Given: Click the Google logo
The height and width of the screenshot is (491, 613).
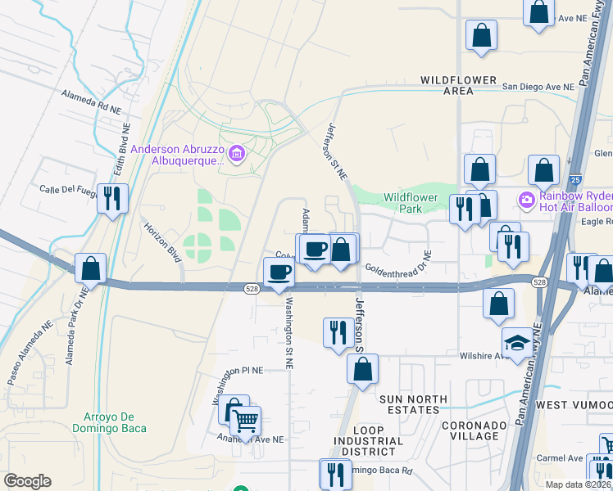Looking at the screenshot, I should click(x=28, y=481).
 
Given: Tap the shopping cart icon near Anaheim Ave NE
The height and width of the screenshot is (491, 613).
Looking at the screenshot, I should click(x=245, y=421).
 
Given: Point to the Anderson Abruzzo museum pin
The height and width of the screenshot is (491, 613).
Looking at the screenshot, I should click(x=237, y=154).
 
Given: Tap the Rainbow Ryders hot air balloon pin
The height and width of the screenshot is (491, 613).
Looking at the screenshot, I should click(x=525, y=199).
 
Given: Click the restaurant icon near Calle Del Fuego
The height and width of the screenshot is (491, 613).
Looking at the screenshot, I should click(x=112, y=198).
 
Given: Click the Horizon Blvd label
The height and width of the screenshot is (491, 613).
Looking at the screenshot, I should click(x=162, y=242).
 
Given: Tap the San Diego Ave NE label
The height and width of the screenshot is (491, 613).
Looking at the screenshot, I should click(x=538, y=86).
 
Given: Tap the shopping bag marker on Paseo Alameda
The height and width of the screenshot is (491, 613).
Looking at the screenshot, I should click(x=91, y=268).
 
